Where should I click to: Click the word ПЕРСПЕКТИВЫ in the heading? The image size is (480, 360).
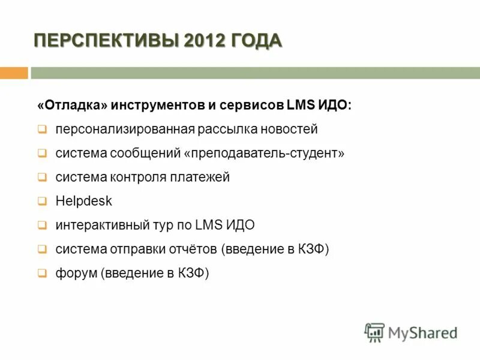[106, 41]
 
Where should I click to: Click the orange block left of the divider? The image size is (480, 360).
[14, 73]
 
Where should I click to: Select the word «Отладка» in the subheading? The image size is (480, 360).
[72, 105]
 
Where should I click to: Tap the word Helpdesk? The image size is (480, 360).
[83, 201]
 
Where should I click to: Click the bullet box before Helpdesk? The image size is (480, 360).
[42, 201]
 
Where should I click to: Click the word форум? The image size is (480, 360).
[76, 273]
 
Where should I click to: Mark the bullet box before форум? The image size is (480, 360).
[42, 273]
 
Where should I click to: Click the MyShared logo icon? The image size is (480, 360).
[374, 332]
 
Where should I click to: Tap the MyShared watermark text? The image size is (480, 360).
[422, 332]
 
